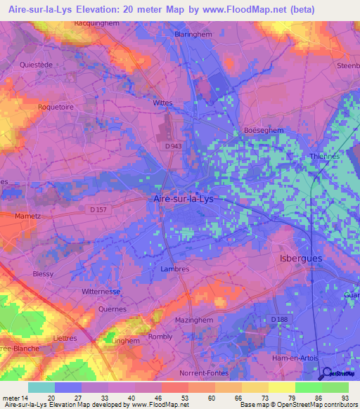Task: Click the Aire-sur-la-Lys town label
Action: click(183, 199)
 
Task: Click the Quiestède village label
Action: click(37, 64)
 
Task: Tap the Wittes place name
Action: click(162, 103)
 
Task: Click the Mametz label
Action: click(27, 216)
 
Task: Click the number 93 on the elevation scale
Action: click(345, 397)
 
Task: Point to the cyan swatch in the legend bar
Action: click(41, 387)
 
